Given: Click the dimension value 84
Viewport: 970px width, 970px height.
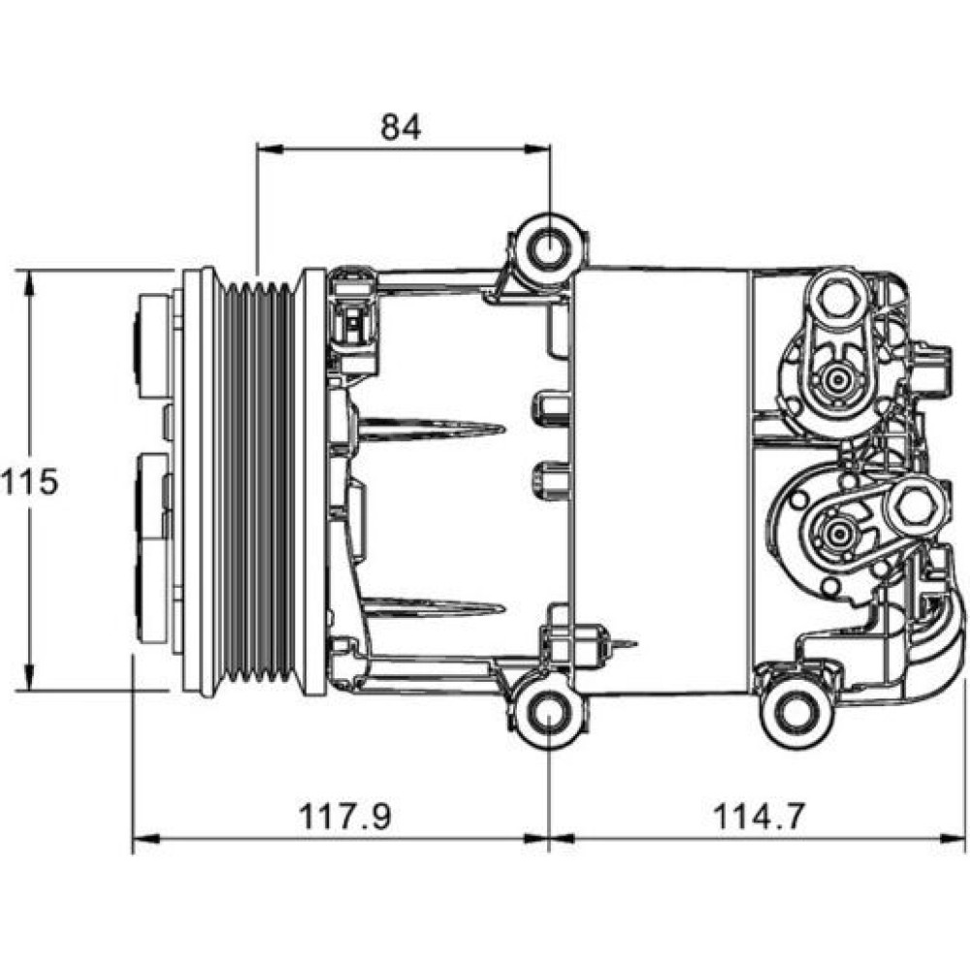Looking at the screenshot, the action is (401, 127).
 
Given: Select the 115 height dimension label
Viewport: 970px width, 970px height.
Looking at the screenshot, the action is (29, 481).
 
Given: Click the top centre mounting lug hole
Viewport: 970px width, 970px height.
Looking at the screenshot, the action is (549, 249).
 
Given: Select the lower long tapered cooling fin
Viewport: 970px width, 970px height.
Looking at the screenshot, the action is (432, 607).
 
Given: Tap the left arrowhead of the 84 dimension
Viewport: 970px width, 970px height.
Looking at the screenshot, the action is (269, 149).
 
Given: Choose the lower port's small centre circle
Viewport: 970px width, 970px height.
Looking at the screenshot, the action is (838, 532).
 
